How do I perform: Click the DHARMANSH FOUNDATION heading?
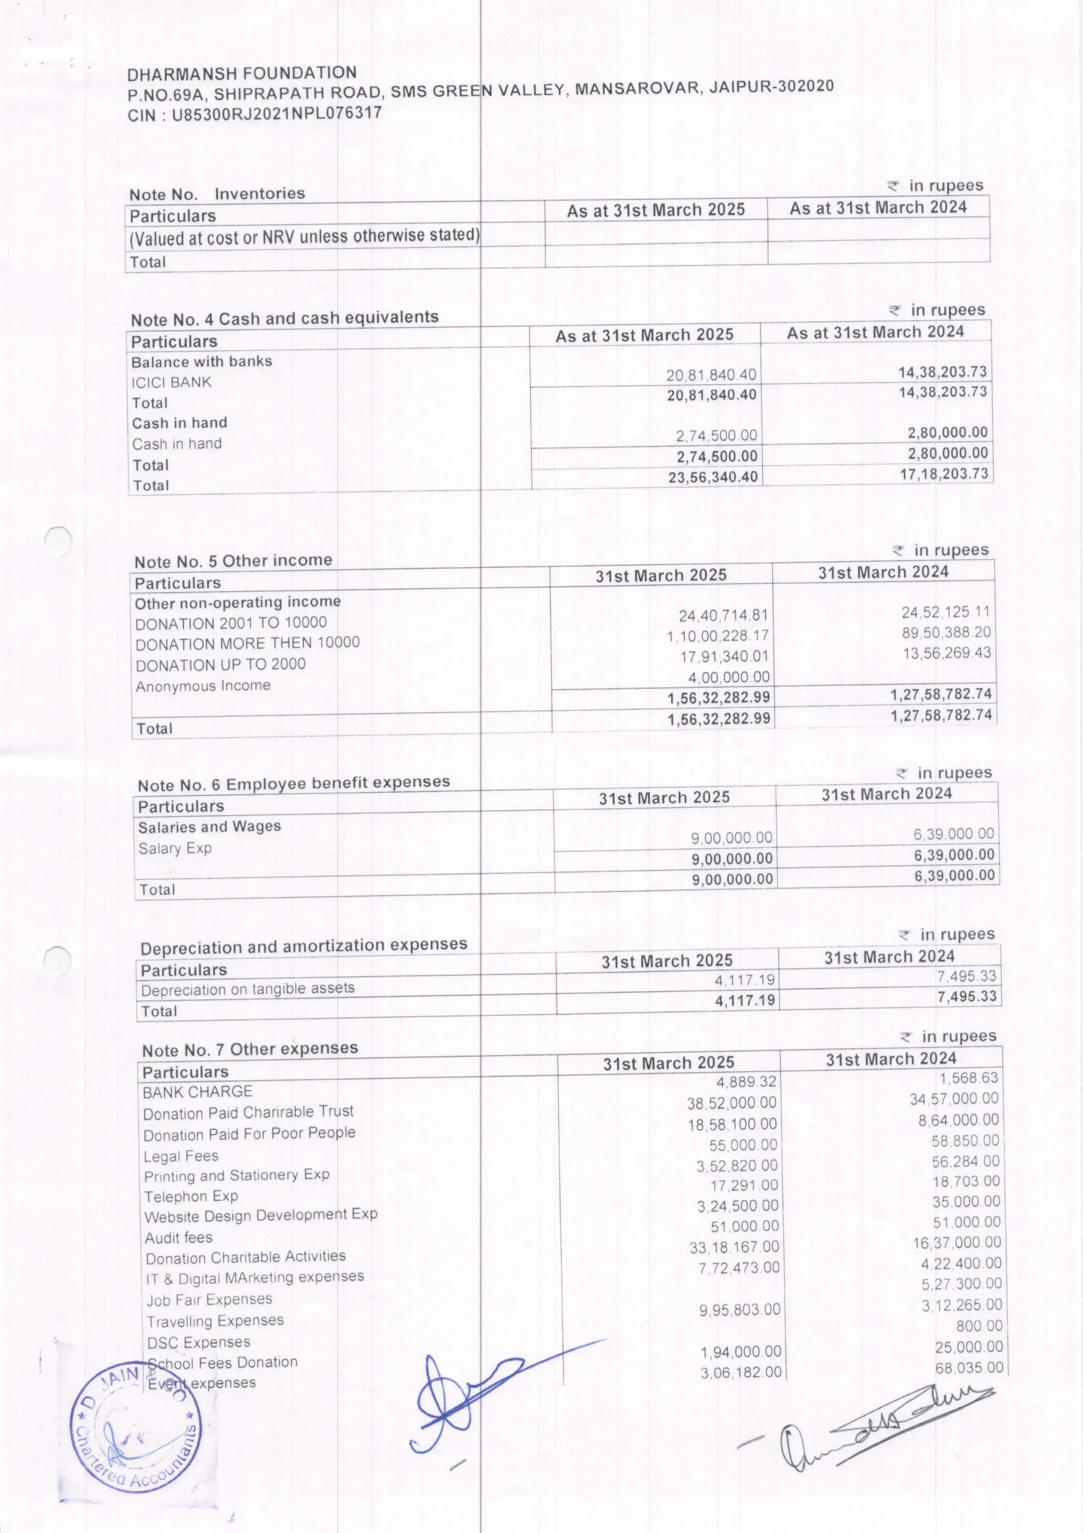coord(242,74)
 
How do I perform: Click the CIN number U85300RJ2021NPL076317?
coord(277,114)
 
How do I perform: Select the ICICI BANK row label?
coord(172,383)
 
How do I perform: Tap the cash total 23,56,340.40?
coord(713,477)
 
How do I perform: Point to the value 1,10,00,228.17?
coord(717,635)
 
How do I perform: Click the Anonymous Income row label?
coord(203,686)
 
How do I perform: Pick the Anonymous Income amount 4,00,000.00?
coord(729,677)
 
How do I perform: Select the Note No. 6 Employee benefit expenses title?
coord(294,783)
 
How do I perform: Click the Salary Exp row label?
coord(175,849)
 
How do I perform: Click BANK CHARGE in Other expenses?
coord(197,1092)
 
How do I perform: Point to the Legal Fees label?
coord(181,1156)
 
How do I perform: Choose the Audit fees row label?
coord(179,1237)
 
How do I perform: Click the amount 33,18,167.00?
coord(734,1247)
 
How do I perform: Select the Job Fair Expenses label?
coord(209,1299)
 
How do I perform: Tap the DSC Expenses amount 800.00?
coord(979,1325)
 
